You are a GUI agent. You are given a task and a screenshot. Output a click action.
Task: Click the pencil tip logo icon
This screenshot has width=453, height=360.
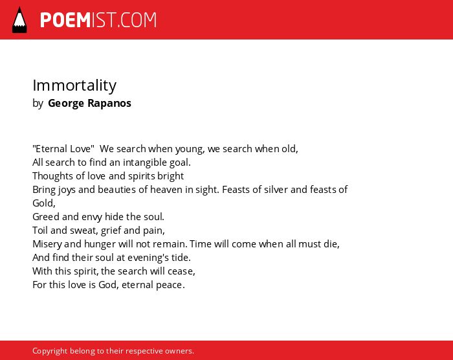click(x=19, y=20)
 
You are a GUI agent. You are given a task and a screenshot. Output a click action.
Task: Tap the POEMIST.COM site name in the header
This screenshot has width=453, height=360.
click(x=98, y=20)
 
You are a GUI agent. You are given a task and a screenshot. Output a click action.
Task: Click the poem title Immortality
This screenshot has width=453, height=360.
click(x=74, y=85)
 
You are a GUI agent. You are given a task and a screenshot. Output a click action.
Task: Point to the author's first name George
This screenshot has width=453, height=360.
click(x=66, y=104)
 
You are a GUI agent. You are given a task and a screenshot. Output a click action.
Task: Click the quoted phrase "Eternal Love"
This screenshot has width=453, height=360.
click(x=63, y=149)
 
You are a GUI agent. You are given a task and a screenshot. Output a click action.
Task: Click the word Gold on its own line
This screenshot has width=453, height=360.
click(x=43, y=203)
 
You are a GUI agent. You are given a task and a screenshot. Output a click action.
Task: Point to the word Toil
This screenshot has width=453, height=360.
click(x=40, y=231)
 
